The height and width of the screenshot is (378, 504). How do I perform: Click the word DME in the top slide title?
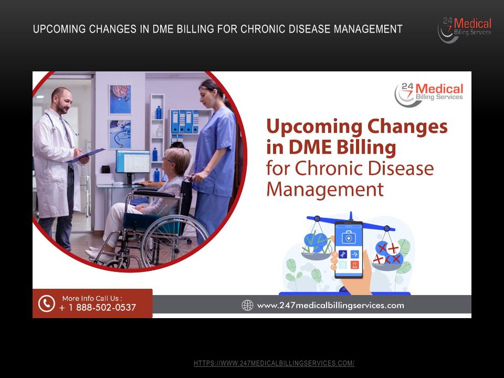point(160,29)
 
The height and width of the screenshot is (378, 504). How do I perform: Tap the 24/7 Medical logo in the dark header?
point(465,30)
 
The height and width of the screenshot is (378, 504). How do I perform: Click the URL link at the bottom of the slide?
point(274,363)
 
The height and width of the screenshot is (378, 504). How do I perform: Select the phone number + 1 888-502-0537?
point(98,308)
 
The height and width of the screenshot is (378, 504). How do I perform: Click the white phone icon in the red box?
point(47,303)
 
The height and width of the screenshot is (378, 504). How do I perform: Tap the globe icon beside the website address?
point(247,305)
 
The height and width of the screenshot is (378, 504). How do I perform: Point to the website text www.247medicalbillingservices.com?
point(330,305)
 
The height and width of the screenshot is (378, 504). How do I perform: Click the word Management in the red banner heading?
point(325,189)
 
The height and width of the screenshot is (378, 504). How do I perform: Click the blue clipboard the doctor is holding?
point(86,155)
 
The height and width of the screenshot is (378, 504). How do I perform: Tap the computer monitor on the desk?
point(133,162)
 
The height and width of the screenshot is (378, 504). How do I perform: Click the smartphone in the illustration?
point(349,249)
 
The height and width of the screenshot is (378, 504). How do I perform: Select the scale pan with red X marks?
point(387,256)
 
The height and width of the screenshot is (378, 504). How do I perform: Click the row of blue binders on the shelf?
point(185,121)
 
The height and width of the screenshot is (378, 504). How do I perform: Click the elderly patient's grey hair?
point(178,156)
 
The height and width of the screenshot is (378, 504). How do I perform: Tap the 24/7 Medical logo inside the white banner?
point(429,94)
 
